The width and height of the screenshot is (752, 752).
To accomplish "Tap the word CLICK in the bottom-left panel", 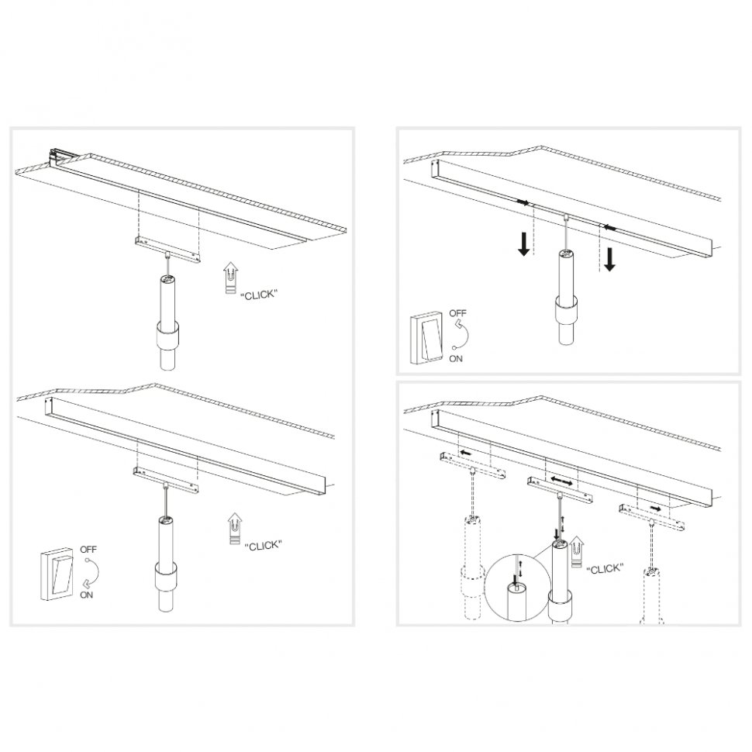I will click(262, 546).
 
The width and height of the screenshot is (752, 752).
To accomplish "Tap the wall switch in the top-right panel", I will click(426, 337).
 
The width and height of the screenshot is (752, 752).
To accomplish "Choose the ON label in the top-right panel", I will click(457, 358).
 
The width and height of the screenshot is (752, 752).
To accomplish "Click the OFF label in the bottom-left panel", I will click(88, 550).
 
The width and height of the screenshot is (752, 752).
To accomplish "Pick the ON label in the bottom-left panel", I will click(87, 595).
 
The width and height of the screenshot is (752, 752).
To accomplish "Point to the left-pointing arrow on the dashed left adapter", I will click(466, 452).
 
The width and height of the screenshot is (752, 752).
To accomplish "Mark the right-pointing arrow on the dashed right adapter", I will click(656, 509).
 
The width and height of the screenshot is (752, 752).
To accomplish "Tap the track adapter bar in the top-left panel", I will click(166, 246).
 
